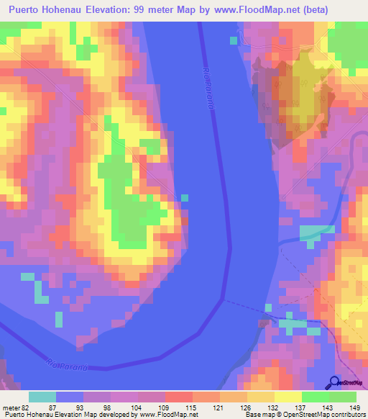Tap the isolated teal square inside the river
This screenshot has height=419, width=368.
(185, 197)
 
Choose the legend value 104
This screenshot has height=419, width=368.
(138, 407)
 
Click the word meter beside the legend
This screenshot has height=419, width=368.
(10, 407)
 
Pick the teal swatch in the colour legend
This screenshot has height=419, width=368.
(42, 397)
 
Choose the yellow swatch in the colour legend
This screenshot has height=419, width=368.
(287, 397)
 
